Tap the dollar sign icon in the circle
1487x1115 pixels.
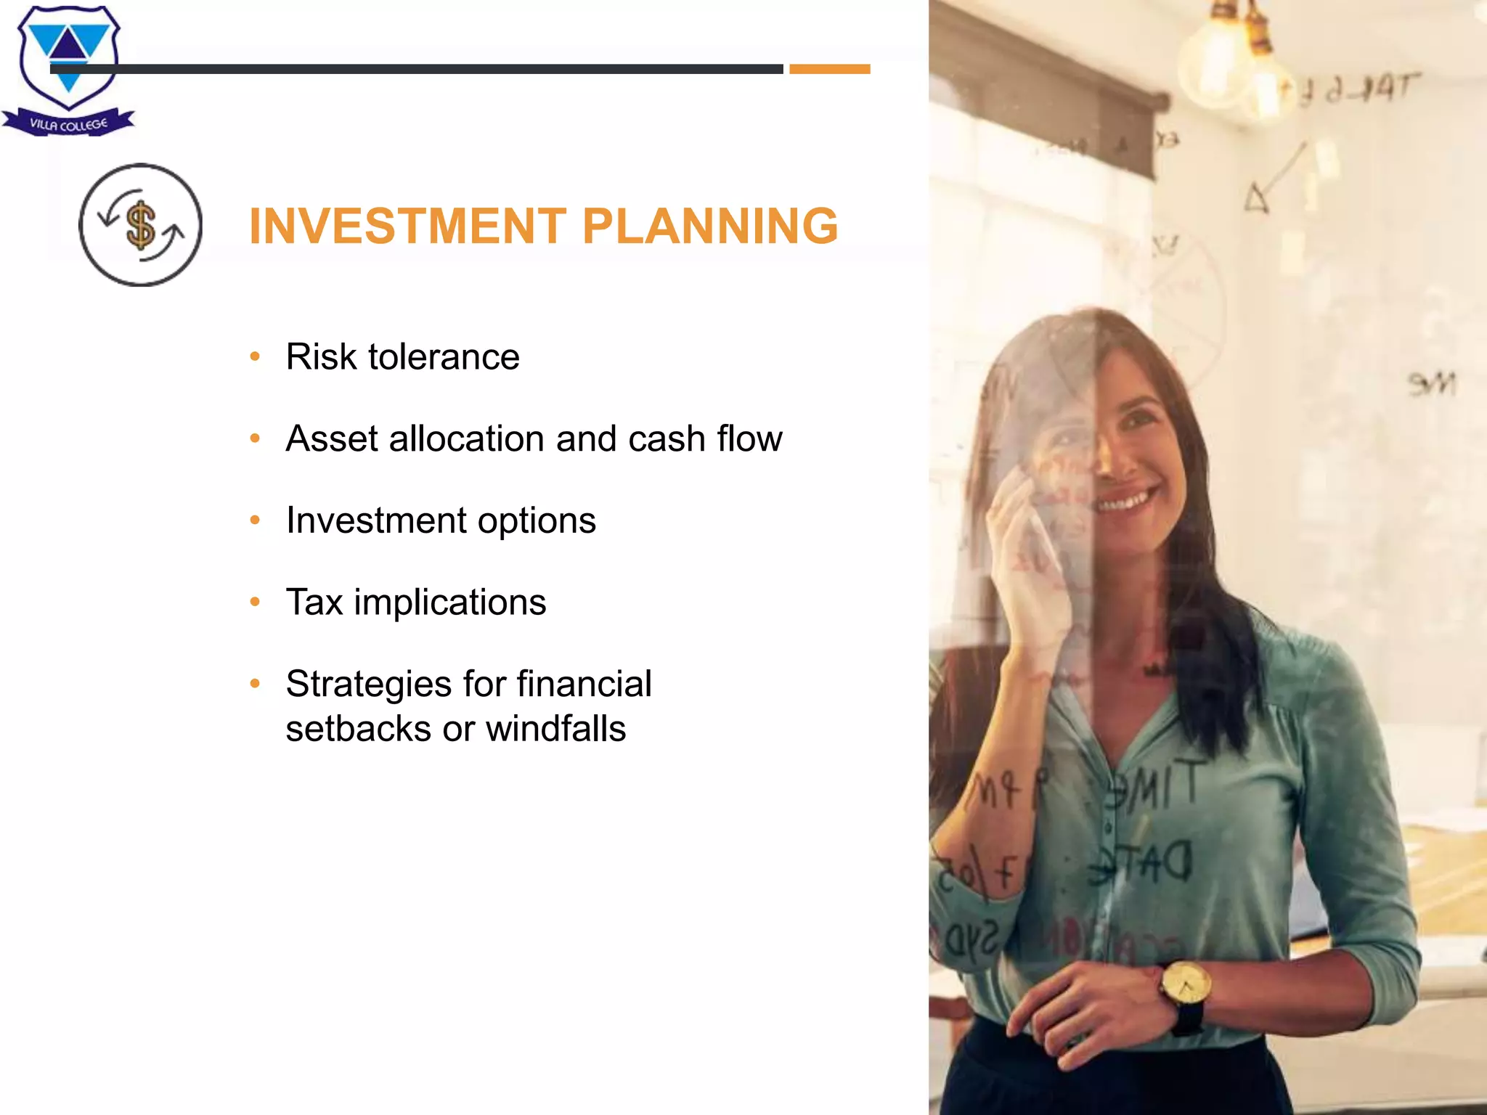coord(141,224)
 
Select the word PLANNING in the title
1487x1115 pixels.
coord(709,226)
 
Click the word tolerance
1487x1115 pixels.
coord(444,357)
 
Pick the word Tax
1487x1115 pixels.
coord(314,603)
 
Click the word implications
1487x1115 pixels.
coord(449,603)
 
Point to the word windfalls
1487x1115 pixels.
coord(555,729)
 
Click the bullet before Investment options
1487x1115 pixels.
coord(255,520)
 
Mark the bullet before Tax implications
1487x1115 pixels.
coord(255,602)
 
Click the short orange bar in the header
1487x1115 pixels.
coord(829,69)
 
